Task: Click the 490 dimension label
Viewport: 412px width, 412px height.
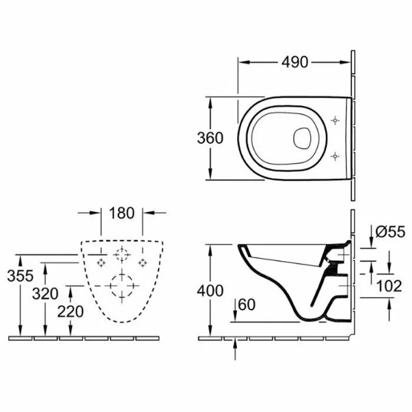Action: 295,61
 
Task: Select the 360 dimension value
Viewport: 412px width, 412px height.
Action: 210,137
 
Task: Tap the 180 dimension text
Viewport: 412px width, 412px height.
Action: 122,213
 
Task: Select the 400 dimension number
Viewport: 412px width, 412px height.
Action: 210,290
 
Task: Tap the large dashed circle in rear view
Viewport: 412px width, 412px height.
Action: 122,286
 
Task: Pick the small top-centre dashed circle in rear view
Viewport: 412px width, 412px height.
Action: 122,256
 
